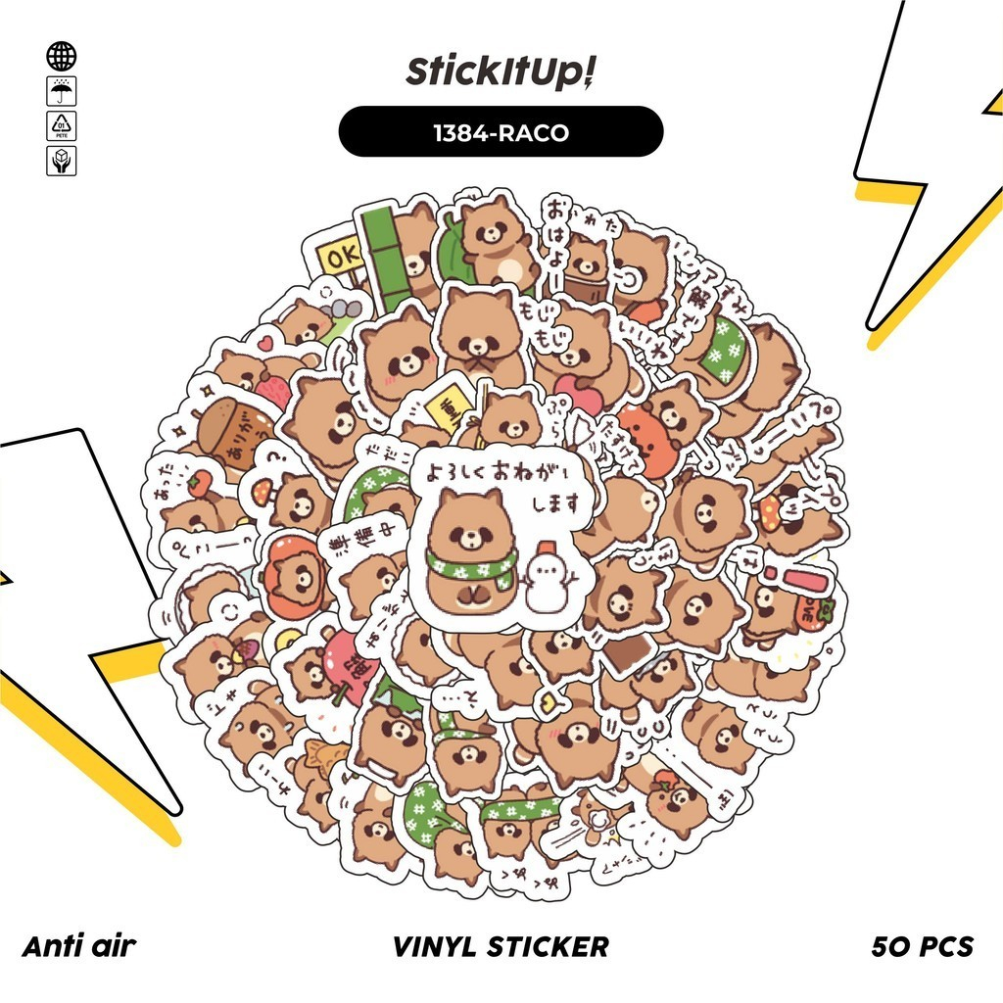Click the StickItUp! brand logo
(x=501, y=72)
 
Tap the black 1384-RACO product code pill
(x=501, y=131)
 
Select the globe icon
(x=62, y=56)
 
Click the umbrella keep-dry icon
(x=62, y=92)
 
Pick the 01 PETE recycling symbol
(x=62, y=126)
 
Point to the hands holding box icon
(x=62, y=161)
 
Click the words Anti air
(x=78, y=946)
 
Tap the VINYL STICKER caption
(x=501, y=946)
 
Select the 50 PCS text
(x=922, y=946)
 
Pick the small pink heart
(x=263, y=344)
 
